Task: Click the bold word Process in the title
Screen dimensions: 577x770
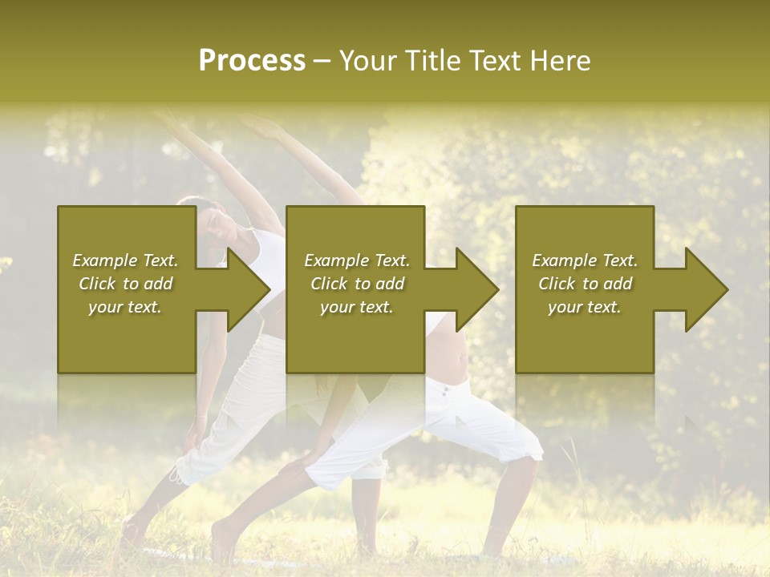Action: (252, 61)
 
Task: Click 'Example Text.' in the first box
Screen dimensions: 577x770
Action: (125, 260)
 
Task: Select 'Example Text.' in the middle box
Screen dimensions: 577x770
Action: (356, 260)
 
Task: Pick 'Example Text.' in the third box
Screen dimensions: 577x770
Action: (585, 260)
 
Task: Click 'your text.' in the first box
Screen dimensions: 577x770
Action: (125, 307)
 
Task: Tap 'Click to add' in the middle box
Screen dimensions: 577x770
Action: (356, 284)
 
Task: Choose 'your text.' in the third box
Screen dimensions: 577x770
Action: (585, 307)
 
